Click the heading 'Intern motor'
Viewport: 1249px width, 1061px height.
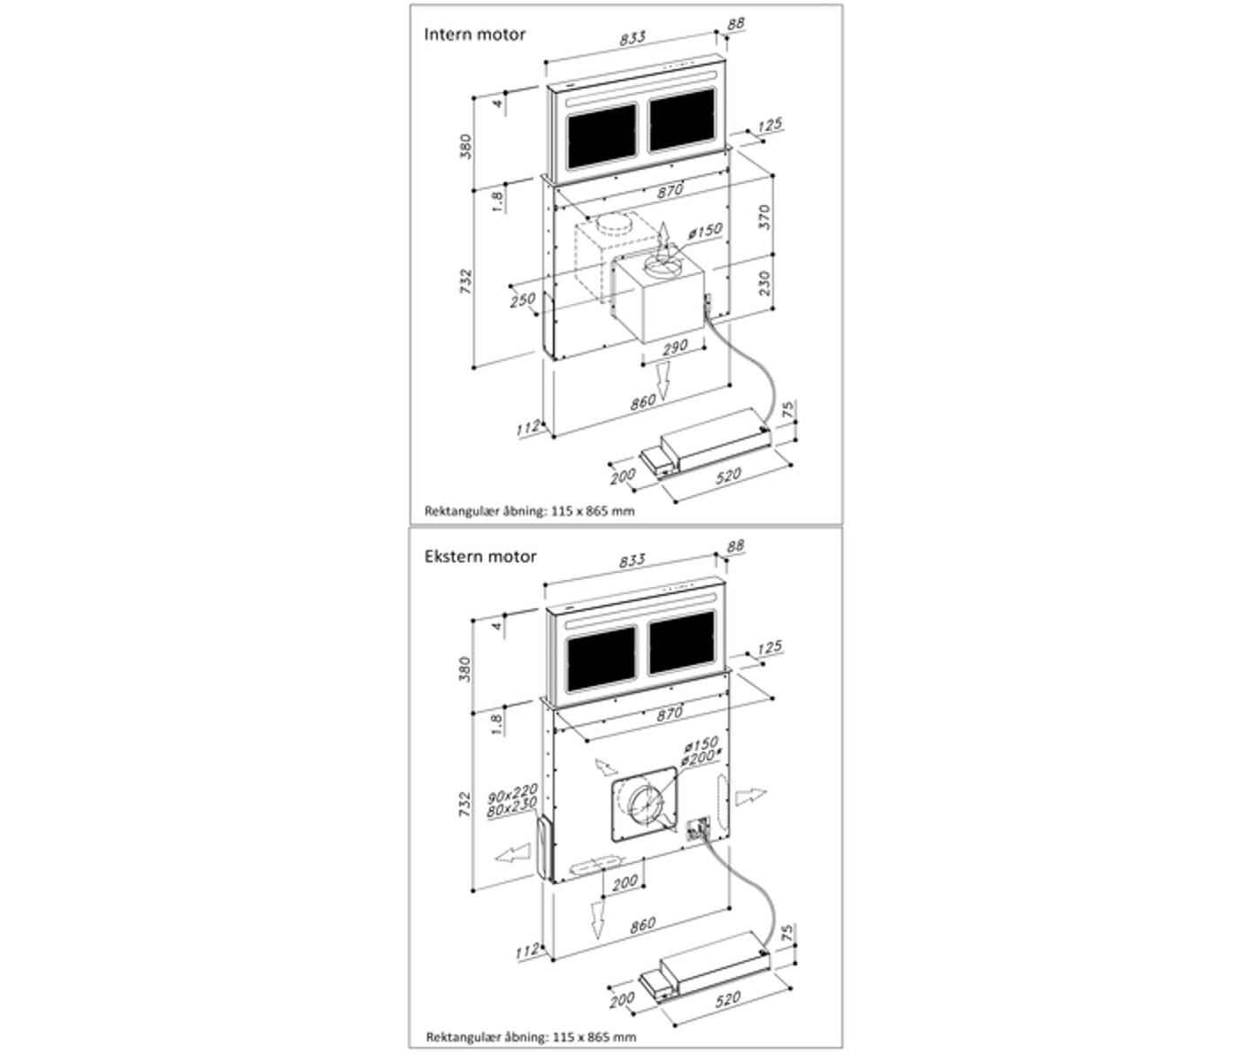click(474, 34)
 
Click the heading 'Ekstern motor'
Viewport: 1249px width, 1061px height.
click(479, 556)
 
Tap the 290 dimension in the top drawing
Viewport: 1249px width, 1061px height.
click(674, 347)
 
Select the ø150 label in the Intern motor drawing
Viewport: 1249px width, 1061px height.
click(705, 232)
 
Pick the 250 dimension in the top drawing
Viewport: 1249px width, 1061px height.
click(522, 300)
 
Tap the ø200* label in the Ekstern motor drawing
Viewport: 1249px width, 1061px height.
click(702, 757)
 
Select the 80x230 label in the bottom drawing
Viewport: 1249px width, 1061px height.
click(513, 808)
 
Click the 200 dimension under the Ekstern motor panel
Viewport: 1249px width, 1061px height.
click(624, 882)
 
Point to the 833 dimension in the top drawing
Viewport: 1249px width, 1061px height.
click(632, 38)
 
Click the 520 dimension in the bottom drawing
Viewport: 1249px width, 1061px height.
click(727, 997)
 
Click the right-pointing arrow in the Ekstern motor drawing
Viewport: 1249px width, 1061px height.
click(749, 796)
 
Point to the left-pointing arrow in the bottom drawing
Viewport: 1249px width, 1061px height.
click(513, 855)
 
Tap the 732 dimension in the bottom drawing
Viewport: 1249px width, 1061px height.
click(467, 804)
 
